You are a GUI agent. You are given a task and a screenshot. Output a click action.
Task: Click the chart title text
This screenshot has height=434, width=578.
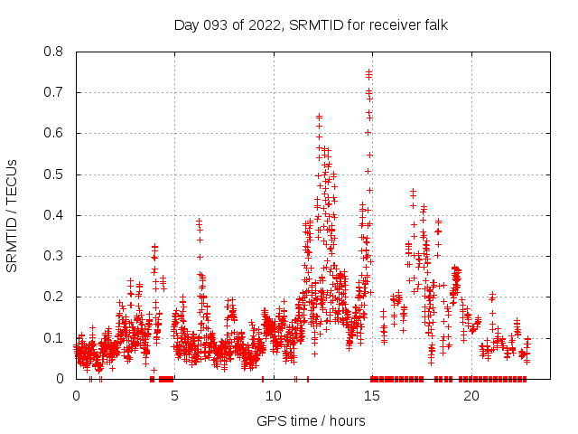coord(311,24)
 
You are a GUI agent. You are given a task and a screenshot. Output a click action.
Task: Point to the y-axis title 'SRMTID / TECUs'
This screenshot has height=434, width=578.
coord(12,215)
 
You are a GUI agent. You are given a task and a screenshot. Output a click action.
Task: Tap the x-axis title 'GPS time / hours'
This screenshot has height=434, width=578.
coord(311,420)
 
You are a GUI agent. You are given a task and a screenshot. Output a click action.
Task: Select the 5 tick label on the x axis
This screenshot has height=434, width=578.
coord(175,396)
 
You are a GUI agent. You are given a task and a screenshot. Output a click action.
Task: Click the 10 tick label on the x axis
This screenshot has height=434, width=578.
coord(274,396)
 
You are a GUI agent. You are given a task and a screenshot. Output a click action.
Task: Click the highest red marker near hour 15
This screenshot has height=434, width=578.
coord(368,71)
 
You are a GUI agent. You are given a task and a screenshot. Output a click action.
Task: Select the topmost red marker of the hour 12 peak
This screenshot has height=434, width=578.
coord(320,116)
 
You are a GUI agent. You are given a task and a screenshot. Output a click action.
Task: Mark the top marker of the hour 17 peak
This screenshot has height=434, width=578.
coord(413,191)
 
